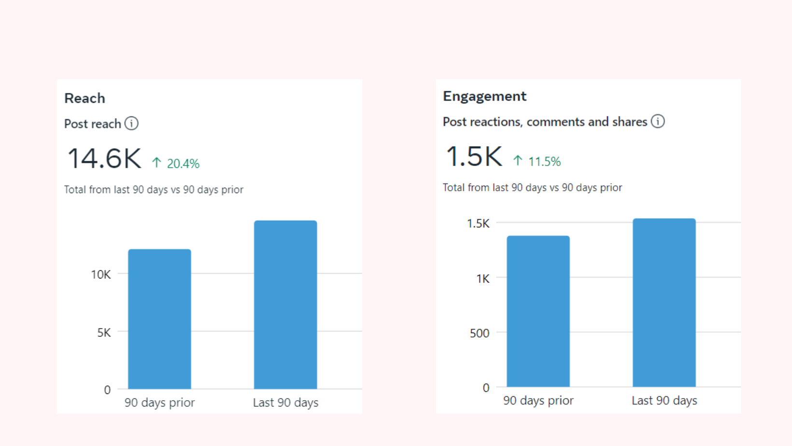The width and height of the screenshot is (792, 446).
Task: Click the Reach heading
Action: pos(85,98)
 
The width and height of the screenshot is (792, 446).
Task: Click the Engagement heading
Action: pos(484,97)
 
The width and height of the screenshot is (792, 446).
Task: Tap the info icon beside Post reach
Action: pos(131,124)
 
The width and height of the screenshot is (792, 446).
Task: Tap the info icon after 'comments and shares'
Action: pos(658,121)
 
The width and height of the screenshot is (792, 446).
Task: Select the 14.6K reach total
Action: pos(104,159)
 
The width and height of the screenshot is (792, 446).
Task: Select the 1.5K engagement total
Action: pos(474,157)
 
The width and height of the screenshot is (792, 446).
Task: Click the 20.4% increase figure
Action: pos(183,164)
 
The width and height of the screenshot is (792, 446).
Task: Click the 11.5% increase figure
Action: pos(544,162)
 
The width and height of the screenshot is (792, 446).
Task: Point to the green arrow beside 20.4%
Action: pos(156,163)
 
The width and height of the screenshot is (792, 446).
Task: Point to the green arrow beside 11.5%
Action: pos(518,160)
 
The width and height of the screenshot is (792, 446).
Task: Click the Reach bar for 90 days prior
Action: pos(159,319)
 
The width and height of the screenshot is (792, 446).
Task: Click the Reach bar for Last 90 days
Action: pos(285,304)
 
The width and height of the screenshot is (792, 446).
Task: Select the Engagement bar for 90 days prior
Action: pos(538,311)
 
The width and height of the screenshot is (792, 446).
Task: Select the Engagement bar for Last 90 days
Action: pos(664,302)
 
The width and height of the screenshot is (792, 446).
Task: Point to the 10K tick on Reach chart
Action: pos(100,275)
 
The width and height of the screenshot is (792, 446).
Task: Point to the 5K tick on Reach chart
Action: pos(104,333)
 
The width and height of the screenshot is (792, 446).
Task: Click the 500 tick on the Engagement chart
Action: pos(480,333)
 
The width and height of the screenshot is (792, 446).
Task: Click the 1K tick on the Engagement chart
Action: pos(482,279)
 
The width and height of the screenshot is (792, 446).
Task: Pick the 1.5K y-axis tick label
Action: pos(478,223)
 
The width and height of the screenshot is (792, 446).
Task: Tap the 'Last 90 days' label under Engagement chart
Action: pos(664,401)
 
